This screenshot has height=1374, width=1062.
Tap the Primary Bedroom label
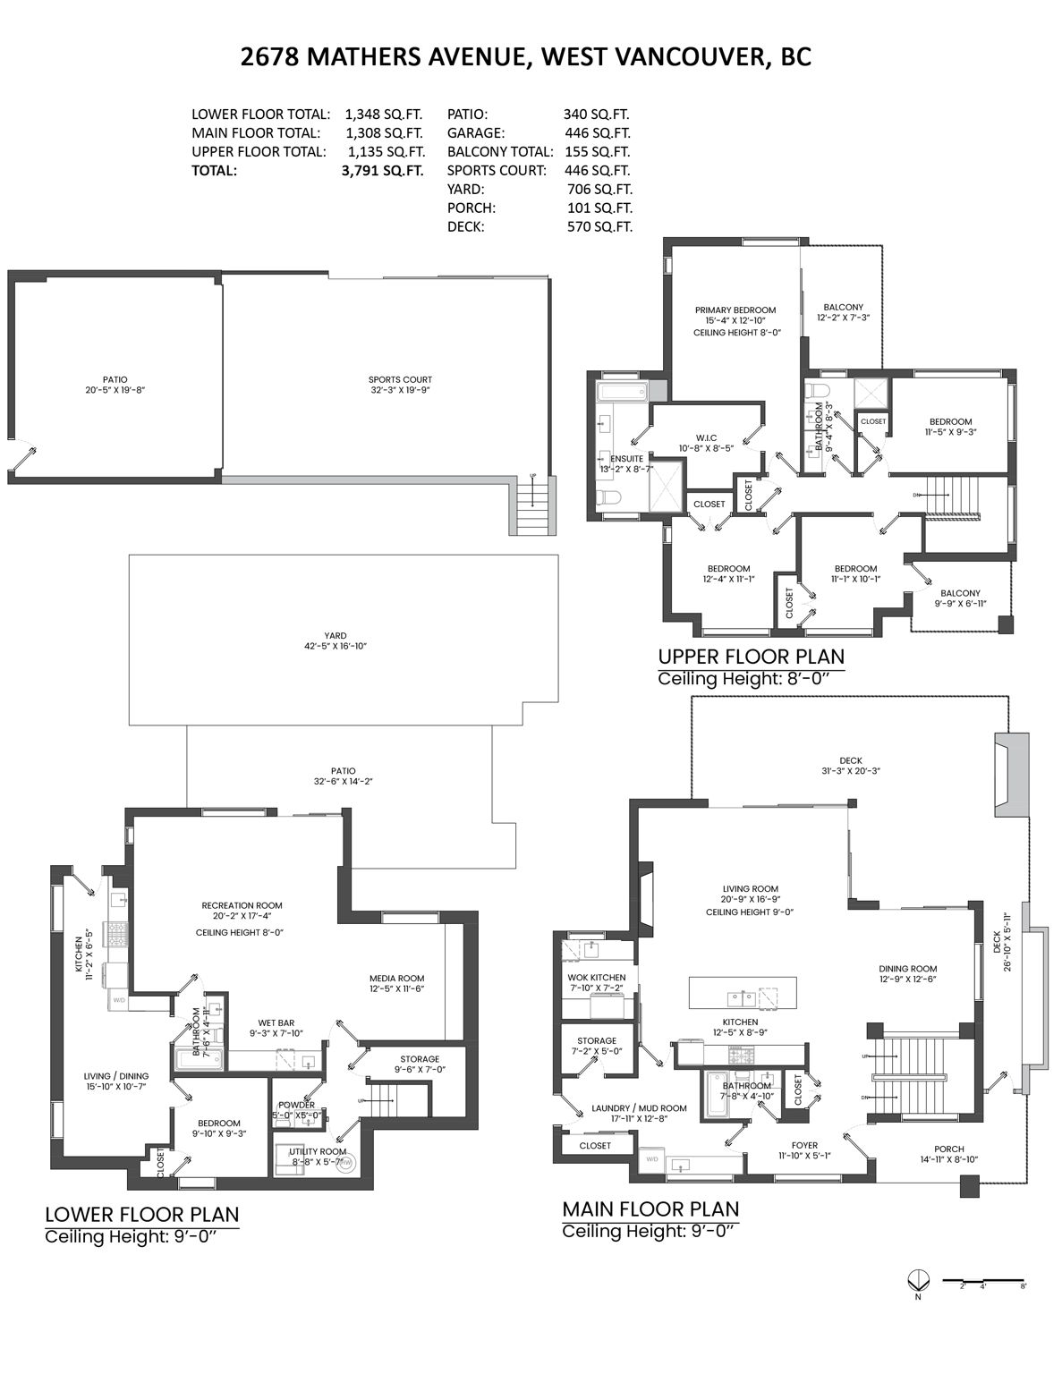click(735, 310)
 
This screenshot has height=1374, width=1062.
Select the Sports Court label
click(400, 379)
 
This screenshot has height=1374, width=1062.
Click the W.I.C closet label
click(706, 437)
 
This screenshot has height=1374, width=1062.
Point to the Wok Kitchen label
click(596, 977)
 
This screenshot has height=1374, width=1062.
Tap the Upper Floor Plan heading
click(751, 657)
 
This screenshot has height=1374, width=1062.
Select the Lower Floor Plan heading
click(142, 1214)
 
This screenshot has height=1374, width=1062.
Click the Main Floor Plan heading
click(650, 1209)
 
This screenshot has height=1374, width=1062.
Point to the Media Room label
click(396, 978)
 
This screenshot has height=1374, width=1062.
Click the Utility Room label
click(317, 1151)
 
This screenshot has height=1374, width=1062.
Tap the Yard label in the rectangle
click(336, 636)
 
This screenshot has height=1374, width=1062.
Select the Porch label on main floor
click(948, 1149)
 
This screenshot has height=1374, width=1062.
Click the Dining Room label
click(907, 968)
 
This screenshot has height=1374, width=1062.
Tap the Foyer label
click(804, 1144)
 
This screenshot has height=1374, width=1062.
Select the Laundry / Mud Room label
click(639, 1107)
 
